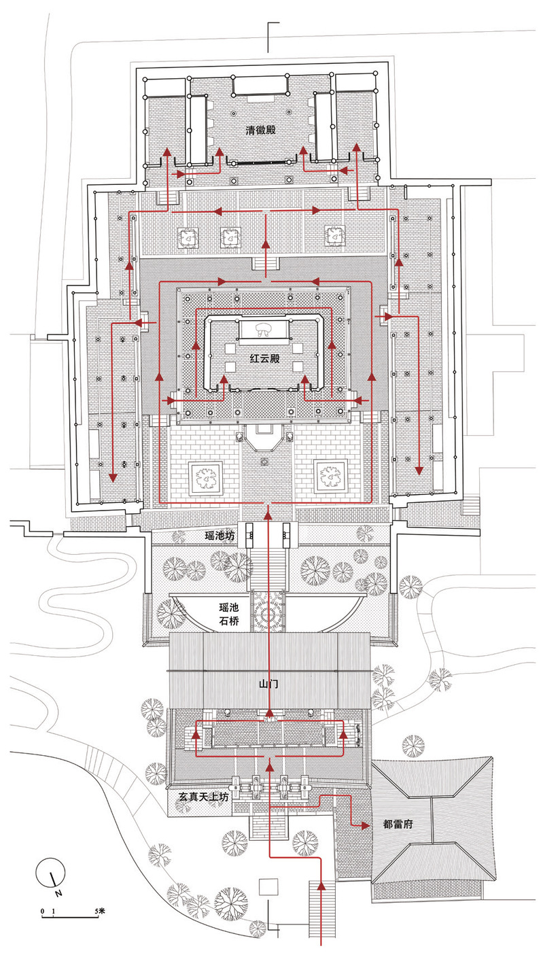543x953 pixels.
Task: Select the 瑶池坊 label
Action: coord(220,536)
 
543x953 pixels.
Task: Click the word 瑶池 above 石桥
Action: coord(220,603)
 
